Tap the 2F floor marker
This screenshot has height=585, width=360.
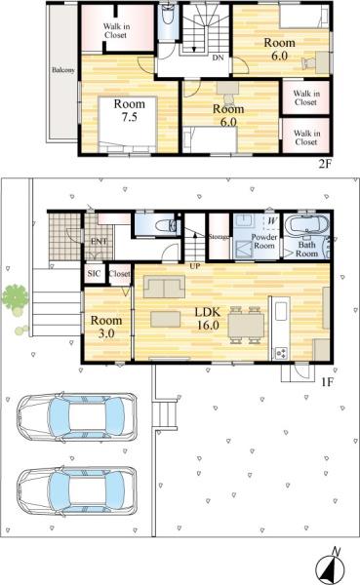point(325,164)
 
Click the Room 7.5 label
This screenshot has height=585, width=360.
point(128,110)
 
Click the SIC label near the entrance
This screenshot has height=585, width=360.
point(94,274)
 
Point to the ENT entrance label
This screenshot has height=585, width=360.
point(99,241)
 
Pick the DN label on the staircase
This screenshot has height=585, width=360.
point(216,57)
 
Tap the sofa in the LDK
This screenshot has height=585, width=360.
point(162,285)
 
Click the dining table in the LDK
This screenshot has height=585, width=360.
point(245,322)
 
